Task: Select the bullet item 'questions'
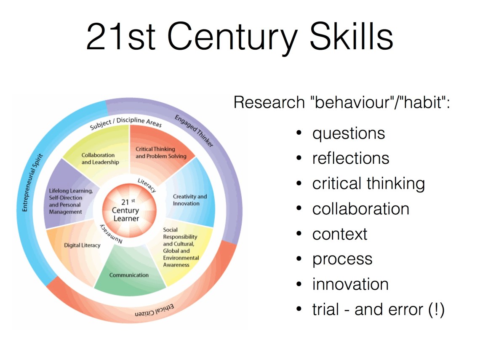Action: click(349, 133)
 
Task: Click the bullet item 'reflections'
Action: click(351, 158)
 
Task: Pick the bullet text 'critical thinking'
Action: click(368, 184)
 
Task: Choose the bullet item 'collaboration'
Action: click(360, 209)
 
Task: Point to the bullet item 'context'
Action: click(340, 234)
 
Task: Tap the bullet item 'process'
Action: click(342, 259)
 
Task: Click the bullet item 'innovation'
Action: click(350, 284)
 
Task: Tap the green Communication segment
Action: click(129, 275)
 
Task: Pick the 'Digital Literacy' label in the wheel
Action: click(82, 245)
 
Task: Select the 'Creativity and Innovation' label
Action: click(190, 200)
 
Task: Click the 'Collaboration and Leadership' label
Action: click(100, 159)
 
